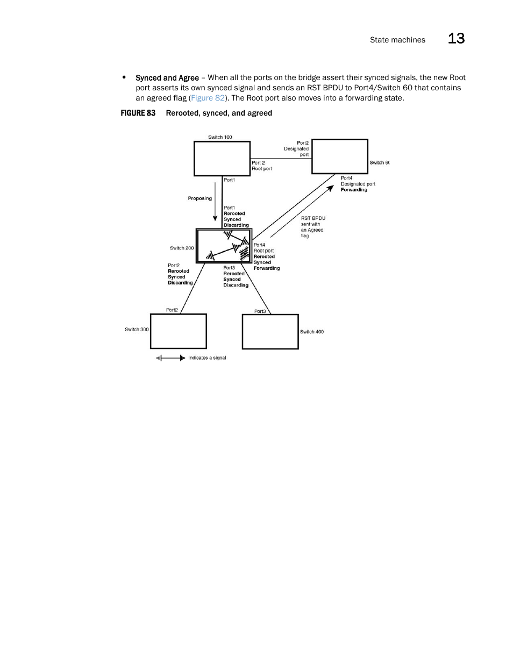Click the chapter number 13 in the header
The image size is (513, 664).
coord(456,39)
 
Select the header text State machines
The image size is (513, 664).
coord(397,40)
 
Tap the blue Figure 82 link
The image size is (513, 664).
coord(208,98)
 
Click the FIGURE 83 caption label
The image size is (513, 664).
coord(138,113)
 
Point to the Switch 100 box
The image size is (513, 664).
coord(222,159)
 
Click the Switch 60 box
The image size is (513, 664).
coord(340,156)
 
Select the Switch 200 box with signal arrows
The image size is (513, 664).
coord(224,246)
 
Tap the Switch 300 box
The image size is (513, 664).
coord(179,331)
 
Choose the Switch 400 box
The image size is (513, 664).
coord(270,332)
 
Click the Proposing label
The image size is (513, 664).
coord(200,198)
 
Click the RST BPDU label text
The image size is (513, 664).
coord(313,218)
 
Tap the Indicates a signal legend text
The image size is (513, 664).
coord(207,358)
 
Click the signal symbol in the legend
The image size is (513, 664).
coord(171,358)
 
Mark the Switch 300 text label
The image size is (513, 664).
coord(137,330)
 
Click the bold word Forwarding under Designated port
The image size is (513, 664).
coord(354,190)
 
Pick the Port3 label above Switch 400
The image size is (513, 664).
coord(260,311)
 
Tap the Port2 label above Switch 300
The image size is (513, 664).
coord(172,310)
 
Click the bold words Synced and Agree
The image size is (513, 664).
coord(167,78)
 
